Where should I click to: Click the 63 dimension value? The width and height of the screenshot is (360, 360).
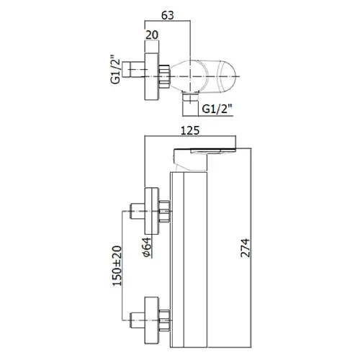pos(167,15)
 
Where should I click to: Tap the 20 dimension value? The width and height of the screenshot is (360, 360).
pos(152,35)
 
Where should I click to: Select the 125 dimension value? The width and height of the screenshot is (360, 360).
pos(190,130)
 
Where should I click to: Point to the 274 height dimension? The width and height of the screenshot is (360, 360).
pos(246,248)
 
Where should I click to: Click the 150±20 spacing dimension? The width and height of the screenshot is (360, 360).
pos(117,266)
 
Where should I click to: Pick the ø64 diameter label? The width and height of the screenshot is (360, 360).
pos(147,248)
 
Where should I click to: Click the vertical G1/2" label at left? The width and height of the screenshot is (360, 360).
pos(115,70)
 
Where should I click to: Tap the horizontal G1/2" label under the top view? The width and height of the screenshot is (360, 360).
pos(217,109)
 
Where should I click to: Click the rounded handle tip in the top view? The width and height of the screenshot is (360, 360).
pos(228,76)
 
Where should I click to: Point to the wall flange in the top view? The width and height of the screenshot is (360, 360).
pos(152,76)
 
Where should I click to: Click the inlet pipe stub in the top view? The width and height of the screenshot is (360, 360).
pos(133,70)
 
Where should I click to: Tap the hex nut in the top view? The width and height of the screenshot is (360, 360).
pos(164,76)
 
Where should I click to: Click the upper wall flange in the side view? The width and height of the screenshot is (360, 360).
pos(152,211)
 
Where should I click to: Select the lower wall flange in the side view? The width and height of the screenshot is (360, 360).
pos(152,320)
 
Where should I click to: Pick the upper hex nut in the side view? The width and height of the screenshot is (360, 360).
pos(165,211)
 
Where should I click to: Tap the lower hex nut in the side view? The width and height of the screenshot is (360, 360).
pos(165,320)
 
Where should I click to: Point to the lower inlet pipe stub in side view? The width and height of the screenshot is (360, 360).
pos(138,320)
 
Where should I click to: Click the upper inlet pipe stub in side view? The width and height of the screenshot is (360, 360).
pos(138,211)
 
